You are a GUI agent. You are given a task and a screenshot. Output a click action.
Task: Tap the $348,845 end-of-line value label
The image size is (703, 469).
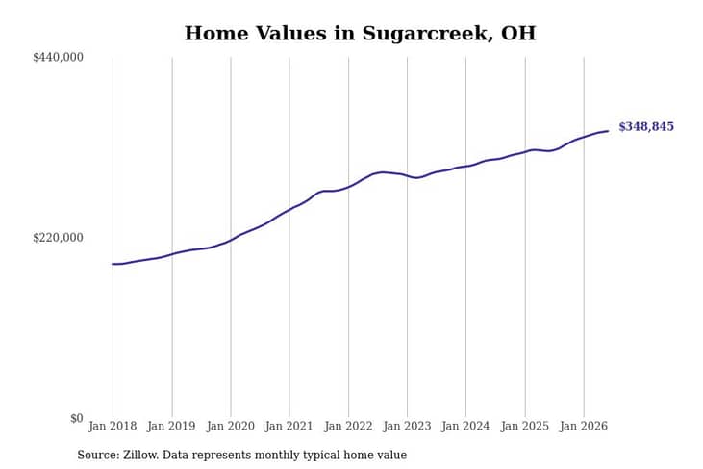pos(646,126)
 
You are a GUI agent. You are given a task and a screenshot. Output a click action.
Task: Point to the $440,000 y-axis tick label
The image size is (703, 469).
pos(58,57)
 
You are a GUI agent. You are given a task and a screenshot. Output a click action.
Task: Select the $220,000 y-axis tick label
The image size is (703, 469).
pos(58,238)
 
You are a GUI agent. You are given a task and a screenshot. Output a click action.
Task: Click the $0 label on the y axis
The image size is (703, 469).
pos(77,418)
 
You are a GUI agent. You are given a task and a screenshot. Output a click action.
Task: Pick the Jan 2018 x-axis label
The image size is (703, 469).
pos(113,426)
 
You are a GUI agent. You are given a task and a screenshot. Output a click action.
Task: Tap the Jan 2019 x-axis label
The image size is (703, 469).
pos(171,426)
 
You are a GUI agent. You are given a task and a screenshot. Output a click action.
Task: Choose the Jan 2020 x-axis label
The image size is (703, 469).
pos(231,426)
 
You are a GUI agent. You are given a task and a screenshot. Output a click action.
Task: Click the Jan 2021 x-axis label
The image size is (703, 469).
pos(289,426)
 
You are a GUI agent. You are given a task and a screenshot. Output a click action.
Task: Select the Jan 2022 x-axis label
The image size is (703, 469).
pos(348,426)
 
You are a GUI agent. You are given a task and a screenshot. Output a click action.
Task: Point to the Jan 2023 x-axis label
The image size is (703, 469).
pos(407,426)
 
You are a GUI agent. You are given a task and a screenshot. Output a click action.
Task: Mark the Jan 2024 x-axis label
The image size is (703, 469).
pos(465,426)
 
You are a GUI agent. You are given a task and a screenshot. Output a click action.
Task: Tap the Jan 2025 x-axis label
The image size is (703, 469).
pos(525,426)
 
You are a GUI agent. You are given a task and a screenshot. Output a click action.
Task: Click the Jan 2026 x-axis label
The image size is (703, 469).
pos(584,426)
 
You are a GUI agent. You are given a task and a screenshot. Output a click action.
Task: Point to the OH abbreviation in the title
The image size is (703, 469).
pos(518,34)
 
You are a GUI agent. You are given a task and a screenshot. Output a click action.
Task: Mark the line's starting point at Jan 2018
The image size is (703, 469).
pos(113,264)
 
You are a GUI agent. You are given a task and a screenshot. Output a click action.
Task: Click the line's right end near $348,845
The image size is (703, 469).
pos(608,131)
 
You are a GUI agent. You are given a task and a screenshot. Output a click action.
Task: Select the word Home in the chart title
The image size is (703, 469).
pos(216,34)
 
